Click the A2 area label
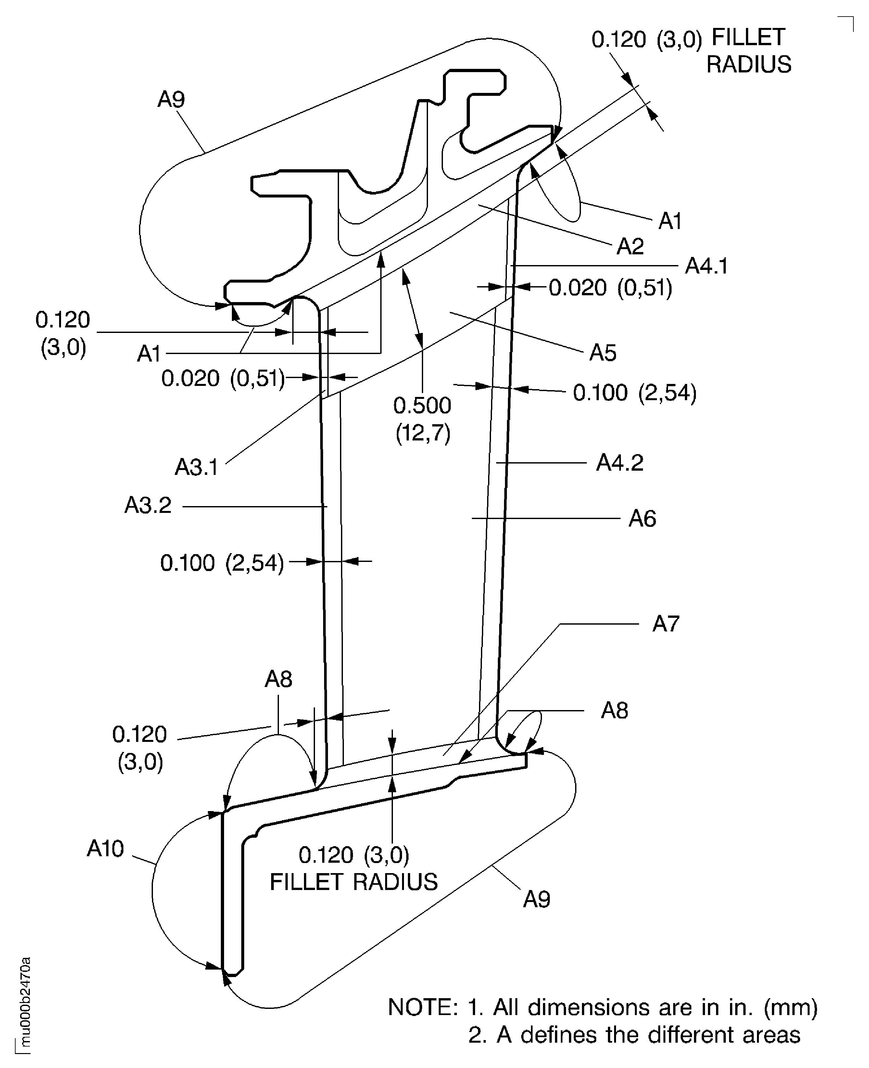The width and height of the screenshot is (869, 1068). pos(630,246)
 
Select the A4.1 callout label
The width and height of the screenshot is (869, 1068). pos(706,266)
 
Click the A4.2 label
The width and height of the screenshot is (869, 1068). pos(619,463)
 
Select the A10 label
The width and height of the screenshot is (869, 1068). pos(105,849)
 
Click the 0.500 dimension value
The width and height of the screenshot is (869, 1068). pos(422,406)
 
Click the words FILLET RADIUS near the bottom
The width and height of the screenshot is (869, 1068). pos(353,882)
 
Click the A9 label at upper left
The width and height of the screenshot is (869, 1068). pos(171,99)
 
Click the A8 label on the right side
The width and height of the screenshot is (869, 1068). pos(614,710)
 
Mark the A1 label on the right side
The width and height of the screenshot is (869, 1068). pos(670,221)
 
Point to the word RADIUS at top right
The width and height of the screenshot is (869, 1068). pos(749,65)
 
